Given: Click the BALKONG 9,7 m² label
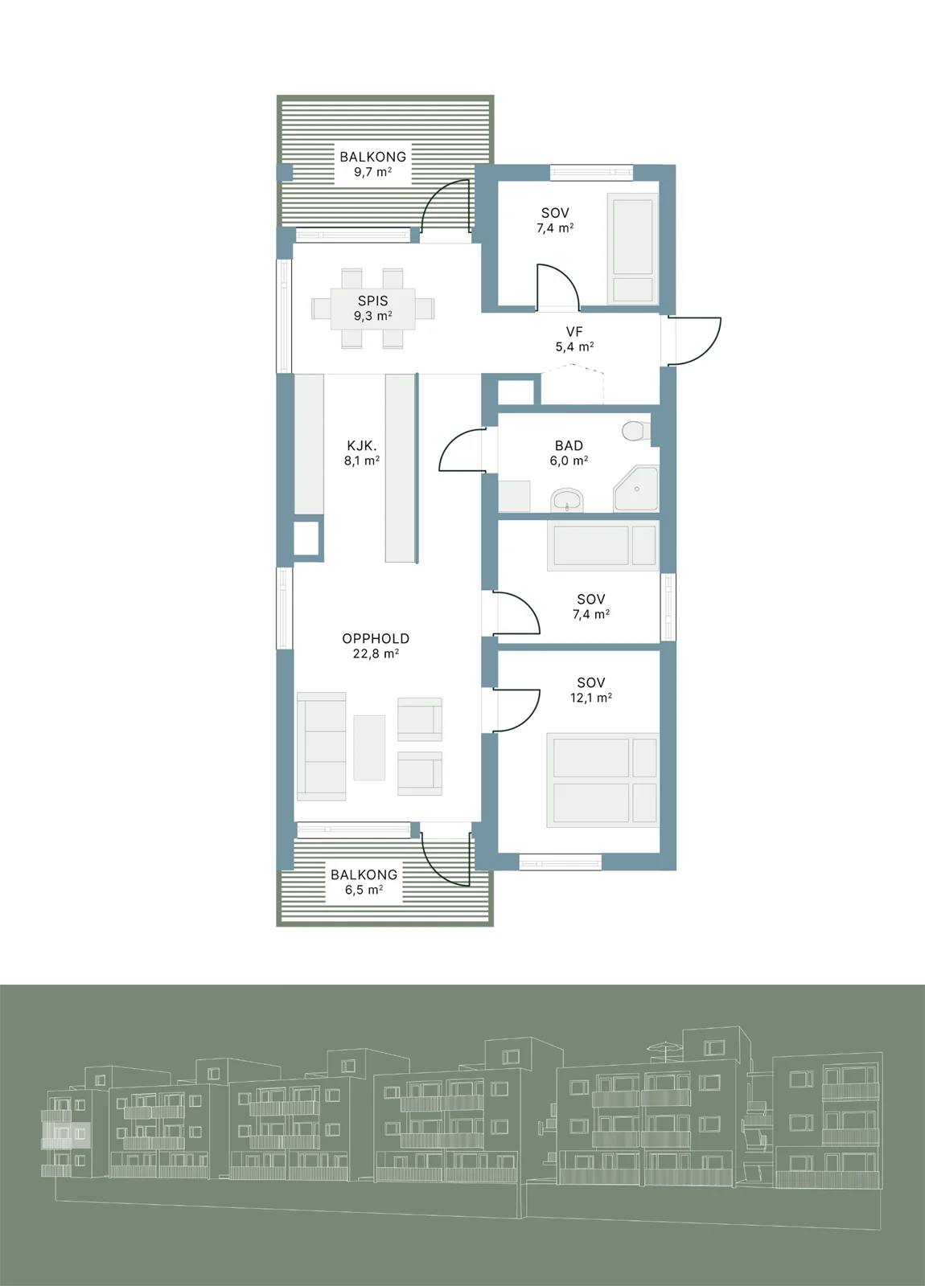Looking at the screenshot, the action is pyautogui.click(x=372, y=164).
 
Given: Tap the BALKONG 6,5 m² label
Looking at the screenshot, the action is pyautogui.click(x=364, y=882).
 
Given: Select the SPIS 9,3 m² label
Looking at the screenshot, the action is pyautogui.click(x=373, y=308).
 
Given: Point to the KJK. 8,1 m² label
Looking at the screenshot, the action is pyautogui.click(x=361, y=453).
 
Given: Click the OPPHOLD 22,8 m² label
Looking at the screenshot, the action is pyautogui.click(x=376, y=645).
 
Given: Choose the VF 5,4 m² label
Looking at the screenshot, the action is pyautogui.click(x=574, y=338).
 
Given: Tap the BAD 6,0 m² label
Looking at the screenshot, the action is pyautogui.click(x=569, y=453).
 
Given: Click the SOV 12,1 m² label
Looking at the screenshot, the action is pyautogui.click(x=590, y=690).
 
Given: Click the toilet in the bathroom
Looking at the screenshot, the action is pyautogui.click(x=636, y=431).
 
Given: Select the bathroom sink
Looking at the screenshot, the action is pyautogui.click(x=567, y=500).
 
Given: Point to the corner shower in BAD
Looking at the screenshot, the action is pyautogui.click(x=635, y=489).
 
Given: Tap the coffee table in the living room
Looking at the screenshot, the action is pyautogui.click(x=369, y=747).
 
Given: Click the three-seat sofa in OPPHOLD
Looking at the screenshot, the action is pyautogui.click(x=321, y=747).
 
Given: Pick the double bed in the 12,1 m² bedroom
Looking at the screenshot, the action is pyautogui.click(x=602, y=780).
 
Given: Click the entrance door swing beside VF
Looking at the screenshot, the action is pyautogui.click(x=695, y=341).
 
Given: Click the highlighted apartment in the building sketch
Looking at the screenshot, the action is pyautogui.click(x=65, y=1135).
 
